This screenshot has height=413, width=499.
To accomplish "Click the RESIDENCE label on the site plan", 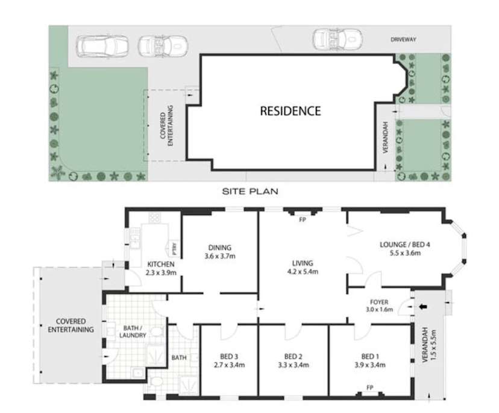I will pos(290,111).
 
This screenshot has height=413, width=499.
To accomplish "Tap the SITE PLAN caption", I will pos(249,191).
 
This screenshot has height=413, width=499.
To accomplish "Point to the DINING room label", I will pos(220,247).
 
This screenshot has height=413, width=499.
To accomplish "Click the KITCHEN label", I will pos(161,264).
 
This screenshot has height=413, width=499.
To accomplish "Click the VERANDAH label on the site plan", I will pos(386,136).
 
